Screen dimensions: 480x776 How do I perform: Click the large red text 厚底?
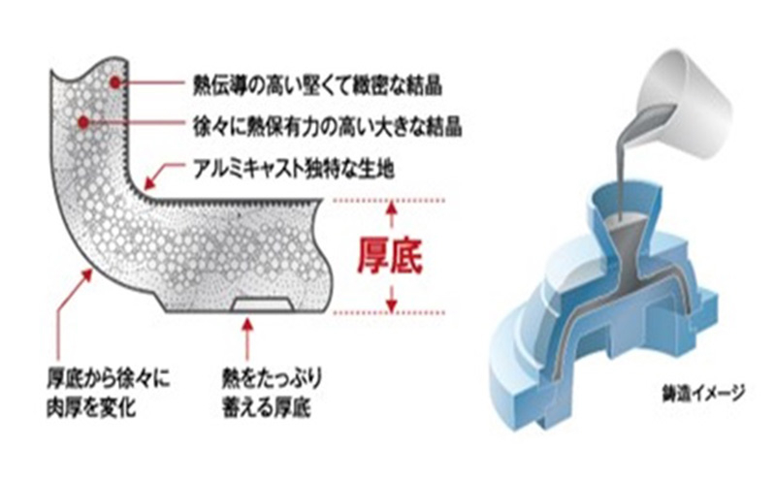(391, 254)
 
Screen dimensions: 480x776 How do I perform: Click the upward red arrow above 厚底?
(391, 214)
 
